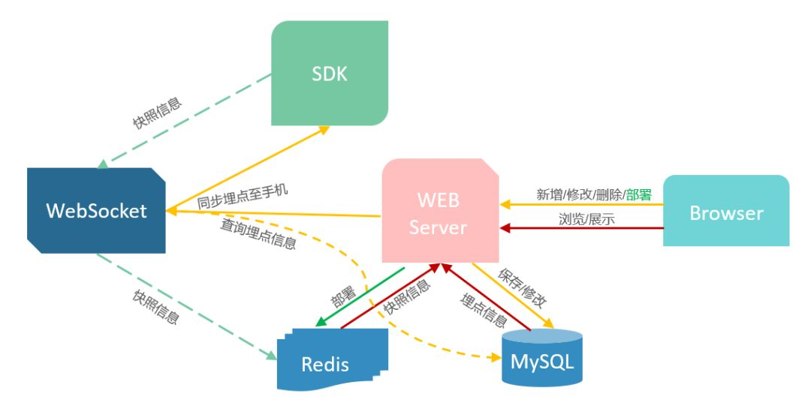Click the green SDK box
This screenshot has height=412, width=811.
(x=330, y=73)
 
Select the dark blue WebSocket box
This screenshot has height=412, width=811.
(x=96, y=211)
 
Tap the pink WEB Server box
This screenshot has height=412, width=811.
(x=439, y=212)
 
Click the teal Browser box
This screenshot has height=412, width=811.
(x=726, y=212)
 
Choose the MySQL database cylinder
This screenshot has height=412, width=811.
(x=541, y=360)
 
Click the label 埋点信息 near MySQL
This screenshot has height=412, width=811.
(x=483, y=309)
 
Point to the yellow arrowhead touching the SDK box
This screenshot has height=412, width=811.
(x=324, y=128)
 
